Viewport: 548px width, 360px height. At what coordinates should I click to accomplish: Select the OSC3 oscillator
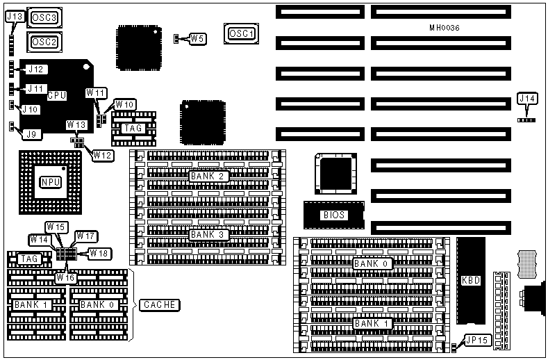[x=44, y=17]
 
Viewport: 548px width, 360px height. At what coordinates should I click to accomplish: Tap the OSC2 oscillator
[x=44, y=42]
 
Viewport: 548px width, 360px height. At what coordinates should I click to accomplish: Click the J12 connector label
[x=36, y=69]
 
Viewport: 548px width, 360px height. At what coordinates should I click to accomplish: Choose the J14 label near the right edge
[x=527, y=99]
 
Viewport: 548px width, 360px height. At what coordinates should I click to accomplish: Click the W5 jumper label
[x=197, y=39]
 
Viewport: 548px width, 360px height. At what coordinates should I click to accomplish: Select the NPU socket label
[x=49, y=182]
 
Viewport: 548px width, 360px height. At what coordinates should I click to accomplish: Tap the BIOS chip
[x=333, y=215]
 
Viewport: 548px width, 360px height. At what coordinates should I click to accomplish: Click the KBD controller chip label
[x=470, y=281]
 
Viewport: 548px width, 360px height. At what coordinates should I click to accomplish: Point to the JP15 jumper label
[x=477, y=341]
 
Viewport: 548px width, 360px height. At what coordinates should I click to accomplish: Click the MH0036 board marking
[x=445, y=28]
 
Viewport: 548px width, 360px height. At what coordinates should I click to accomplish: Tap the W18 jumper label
[x=99, y=253]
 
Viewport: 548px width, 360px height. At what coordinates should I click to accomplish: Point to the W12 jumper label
[x=102, y=154]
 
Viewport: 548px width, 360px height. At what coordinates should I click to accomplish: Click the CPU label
[x=56, y=95]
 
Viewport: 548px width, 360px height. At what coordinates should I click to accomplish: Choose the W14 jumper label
[x=38, y=239]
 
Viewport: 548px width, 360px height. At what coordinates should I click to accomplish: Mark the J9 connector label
[x=30, y=134]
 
